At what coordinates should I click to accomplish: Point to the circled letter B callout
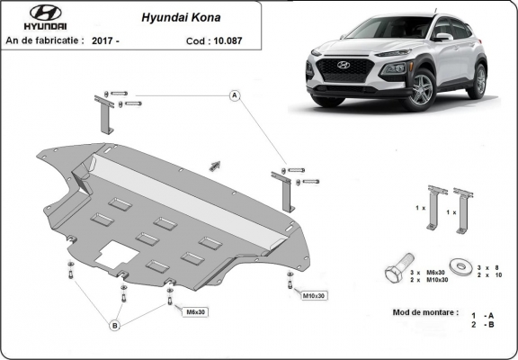tap(115, 325)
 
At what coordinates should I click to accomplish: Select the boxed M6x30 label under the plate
tap(195, 312)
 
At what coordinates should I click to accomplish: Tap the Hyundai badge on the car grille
tap(343, 66)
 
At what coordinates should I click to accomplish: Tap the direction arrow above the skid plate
tap(214, 164)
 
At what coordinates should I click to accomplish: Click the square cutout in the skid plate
tap(114, 253)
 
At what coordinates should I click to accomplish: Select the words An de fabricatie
tap(45, 40)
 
